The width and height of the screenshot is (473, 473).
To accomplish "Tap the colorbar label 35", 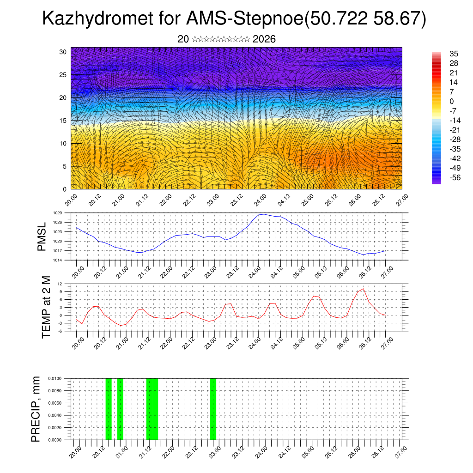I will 454,54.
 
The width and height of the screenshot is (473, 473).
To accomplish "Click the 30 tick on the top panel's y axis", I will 63,52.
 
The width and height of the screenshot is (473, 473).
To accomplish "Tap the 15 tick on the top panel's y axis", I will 63,121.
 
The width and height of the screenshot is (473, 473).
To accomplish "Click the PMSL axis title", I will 42,236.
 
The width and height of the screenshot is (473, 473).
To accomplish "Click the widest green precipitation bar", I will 152,409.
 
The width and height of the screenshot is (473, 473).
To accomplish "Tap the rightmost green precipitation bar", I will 213,409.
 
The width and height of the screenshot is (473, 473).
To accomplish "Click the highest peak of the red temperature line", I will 363,289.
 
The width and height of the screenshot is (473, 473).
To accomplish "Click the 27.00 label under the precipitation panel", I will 401,451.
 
